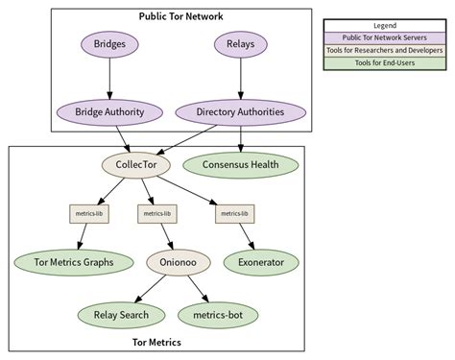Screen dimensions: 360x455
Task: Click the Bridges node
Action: [x=109, y=44]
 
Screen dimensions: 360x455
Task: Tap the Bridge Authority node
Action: [x=109, y=112]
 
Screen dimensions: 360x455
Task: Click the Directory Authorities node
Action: [x=240, y=112]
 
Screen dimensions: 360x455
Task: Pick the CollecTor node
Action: [x=136, y=164]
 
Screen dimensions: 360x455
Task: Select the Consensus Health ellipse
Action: [x=240, y=164]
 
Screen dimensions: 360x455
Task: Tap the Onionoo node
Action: [x=174, y=262]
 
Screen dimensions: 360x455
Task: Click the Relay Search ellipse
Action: [x=119, y=313]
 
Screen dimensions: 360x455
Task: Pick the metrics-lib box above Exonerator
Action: [x=233, y=213]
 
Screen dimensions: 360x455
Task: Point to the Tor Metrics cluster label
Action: [x=156, y=342]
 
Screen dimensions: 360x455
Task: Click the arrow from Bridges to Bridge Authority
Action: [x=109, y=79]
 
